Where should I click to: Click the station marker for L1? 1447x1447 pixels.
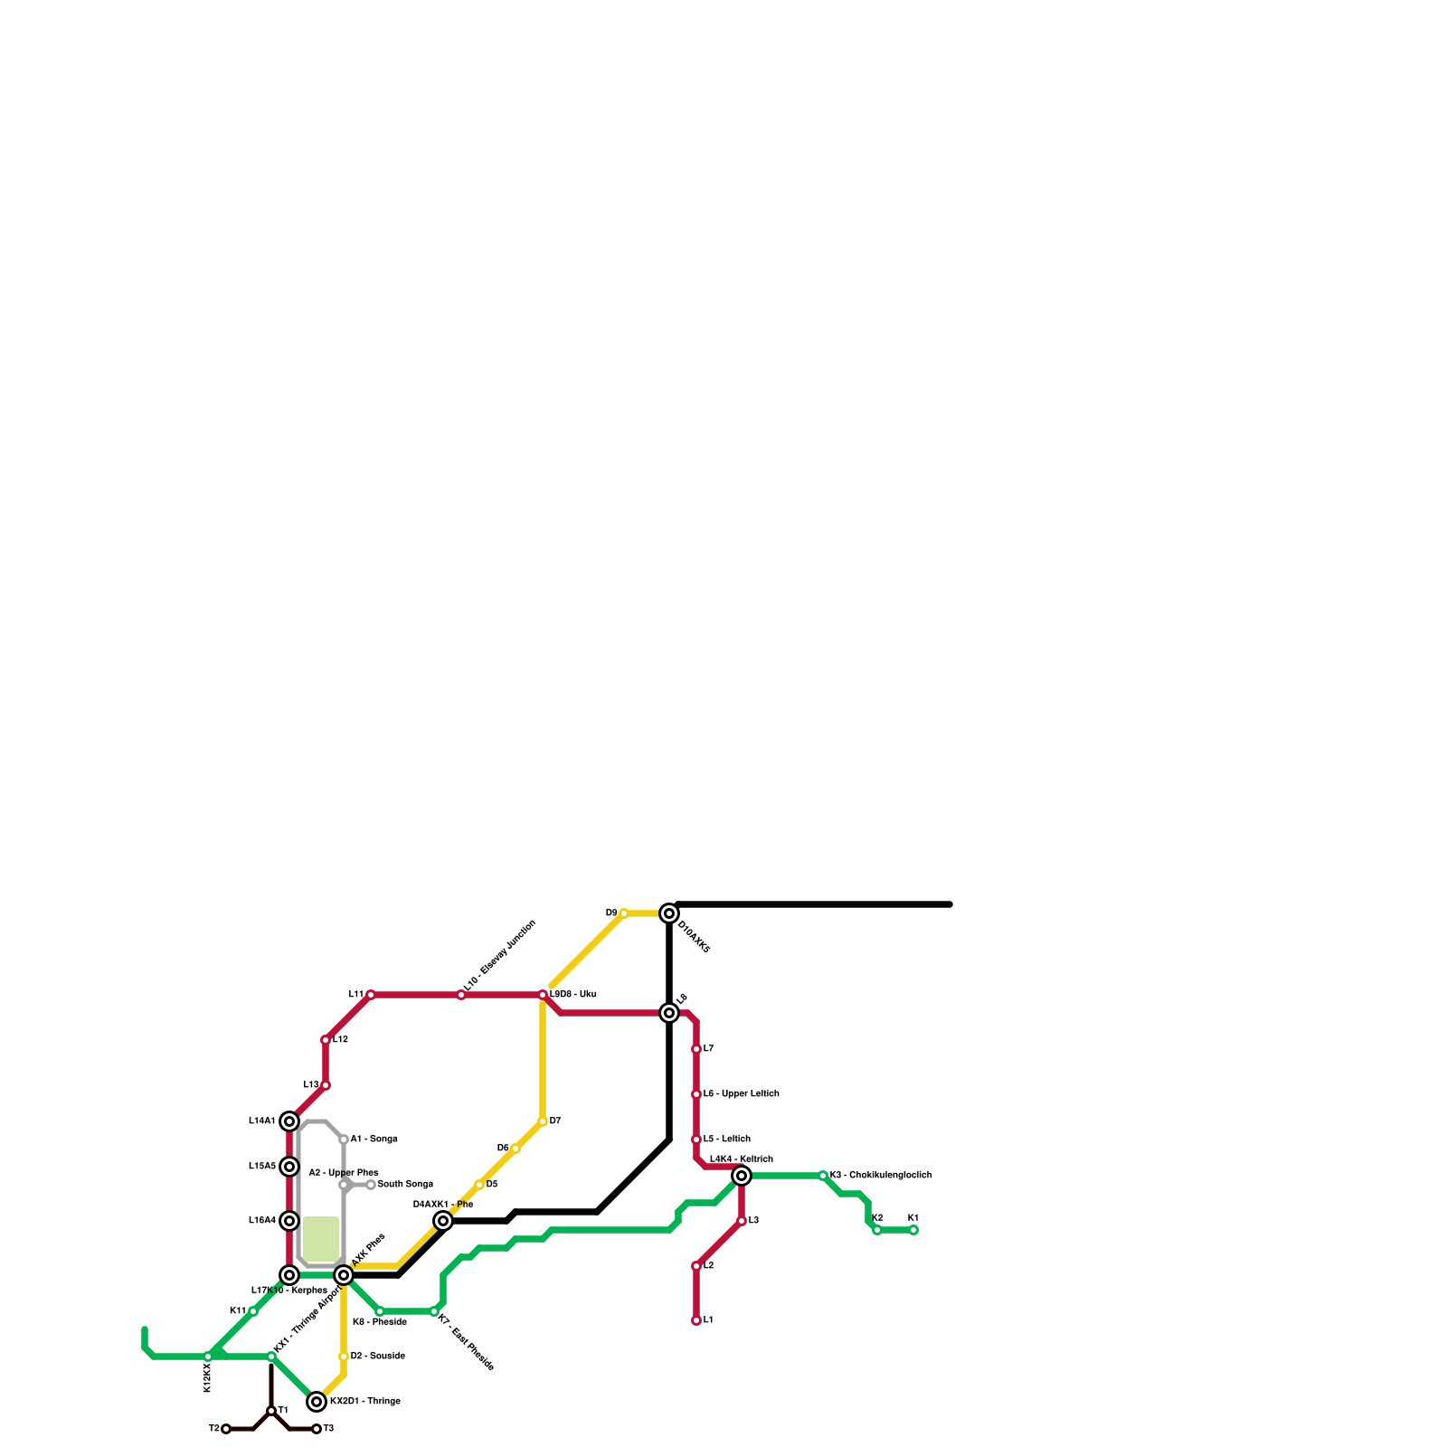tap(696, 1320)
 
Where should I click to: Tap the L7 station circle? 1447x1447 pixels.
tap(696, 1049)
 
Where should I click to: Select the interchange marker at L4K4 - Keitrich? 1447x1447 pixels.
tap(742, 1176)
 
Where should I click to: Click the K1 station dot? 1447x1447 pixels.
tap(913, 1230)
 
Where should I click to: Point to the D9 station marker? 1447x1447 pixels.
tap(624, 913)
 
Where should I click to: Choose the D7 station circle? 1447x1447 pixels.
tap(543, 1121)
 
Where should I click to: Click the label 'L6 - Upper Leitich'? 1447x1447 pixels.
tap(741, 1094)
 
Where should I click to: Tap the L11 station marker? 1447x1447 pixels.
tap(371, 995)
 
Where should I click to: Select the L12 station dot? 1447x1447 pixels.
tap(326, 1040)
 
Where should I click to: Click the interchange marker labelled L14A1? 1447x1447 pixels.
tap(289, 1121)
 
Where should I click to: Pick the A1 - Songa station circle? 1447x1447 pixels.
tap(344, 1140)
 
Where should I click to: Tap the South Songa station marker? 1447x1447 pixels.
tap(371, 1185)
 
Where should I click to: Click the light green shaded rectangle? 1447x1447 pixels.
tap(321, 1238)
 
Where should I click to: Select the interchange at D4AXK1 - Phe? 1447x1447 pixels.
tap(443, 1221)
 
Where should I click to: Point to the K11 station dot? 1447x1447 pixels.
tap(253, 1311)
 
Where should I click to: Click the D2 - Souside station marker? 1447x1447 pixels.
tap(344, 1357)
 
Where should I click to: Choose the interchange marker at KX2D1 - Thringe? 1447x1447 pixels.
tap(317, 1402)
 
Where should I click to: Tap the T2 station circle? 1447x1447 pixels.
tap(226, 1429)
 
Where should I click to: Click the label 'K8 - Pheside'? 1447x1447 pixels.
tap(380, 1322)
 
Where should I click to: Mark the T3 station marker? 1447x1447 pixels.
tap(317, 1429)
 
